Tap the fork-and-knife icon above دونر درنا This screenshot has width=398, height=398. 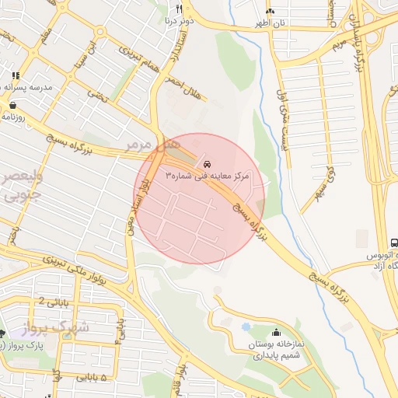coord(179,9)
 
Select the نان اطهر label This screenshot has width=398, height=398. coord(269,23)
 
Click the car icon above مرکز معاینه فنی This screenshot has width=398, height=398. coord(207,165)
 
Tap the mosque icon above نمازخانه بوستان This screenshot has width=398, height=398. coord(276,332)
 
